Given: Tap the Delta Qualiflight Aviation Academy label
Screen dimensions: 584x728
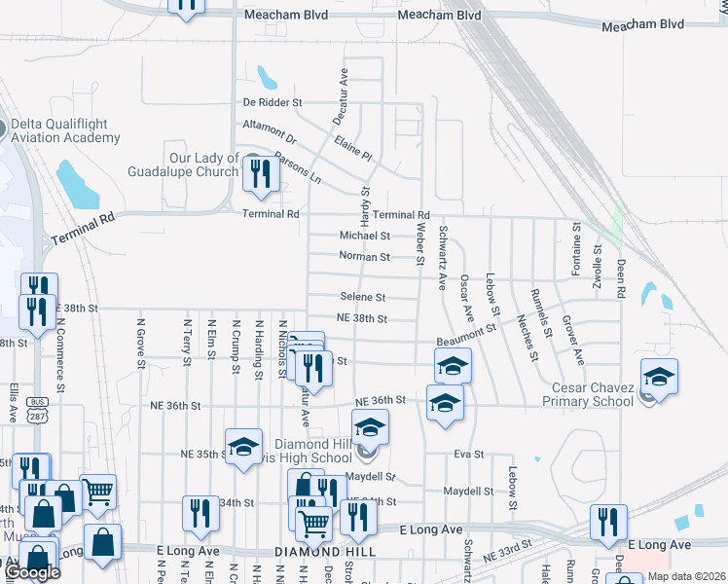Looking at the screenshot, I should click(x=65, y=130).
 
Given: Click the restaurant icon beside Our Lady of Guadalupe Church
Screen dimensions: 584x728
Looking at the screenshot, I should click(x=260, y=173).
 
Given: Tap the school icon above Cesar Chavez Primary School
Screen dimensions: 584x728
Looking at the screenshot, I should click(x=659, y=376).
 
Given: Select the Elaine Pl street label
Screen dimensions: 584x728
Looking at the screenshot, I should click(x=352, y=147).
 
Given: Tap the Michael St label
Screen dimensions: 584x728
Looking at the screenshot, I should click(x=364, y=236).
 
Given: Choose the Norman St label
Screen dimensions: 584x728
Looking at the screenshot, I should click(x=364, y=257).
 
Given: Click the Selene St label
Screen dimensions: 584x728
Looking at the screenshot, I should click(x=362, y=297).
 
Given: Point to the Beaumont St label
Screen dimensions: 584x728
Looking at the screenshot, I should click(x=466, y=334).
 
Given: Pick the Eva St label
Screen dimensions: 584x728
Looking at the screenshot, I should click(x=469, y=454).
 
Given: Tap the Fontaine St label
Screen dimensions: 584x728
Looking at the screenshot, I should click(x=576, y=247).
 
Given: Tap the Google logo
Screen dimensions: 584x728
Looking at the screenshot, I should click(x=32, y=572).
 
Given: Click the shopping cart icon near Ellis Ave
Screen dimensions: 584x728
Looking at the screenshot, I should click(x=97, y=492).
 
